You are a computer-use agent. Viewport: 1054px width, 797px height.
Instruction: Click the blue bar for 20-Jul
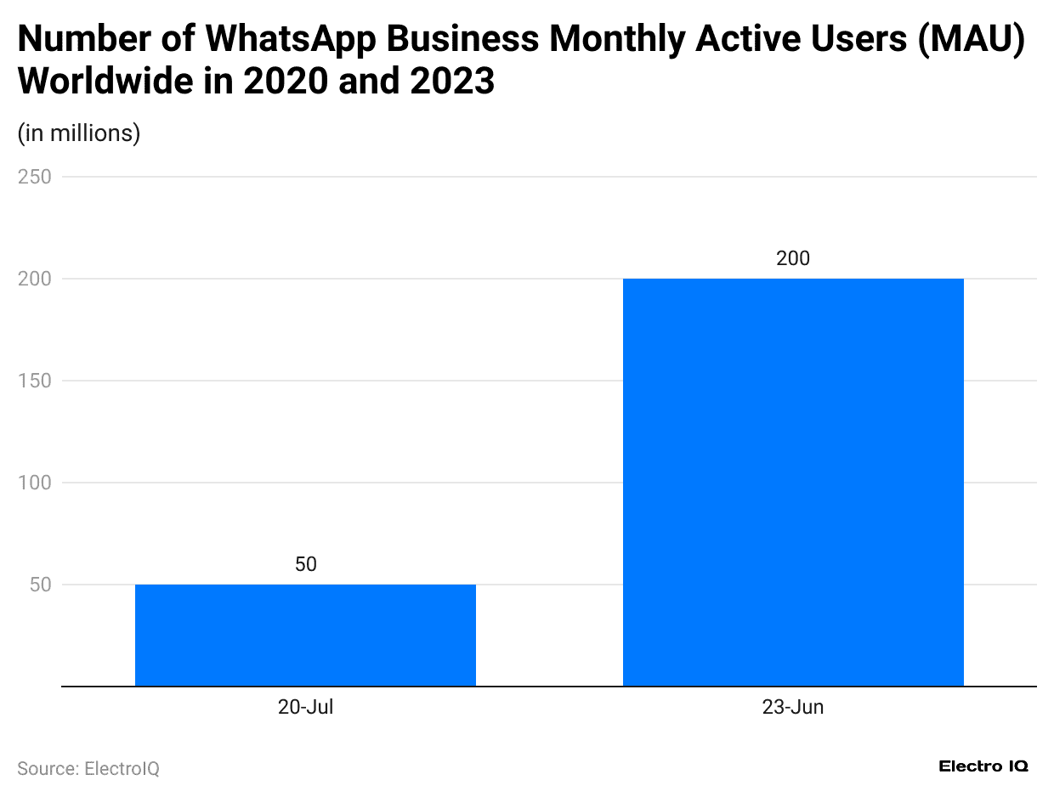coord(305,635)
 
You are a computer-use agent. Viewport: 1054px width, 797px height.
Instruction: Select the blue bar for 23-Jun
coord(793,482)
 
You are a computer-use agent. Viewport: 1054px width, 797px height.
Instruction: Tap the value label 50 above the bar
coord(306,564)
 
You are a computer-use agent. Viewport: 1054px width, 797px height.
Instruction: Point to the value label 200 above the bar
coord(793,258)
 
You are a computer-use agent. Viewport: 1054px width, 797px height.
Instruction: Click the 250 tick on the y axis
coord(35,177)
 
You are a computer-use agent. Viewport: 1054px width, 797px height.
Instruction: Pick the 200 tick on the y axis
coord(35,279)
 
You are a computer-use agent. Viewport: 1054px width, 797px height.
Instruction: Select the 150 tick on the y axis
coord(35,381)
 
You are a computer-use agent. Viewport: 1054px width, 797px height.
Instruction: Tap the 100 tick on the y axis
coord(35,483)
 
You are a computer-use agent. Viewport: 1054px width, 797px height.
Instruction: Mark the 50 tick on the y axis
coord(40,585)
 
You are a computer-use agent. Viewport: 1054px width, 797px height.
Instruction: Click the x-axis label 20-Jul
coord(305,707)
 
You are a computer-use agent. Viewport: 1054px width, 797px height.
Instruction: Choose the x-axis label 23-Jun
coord(793,707)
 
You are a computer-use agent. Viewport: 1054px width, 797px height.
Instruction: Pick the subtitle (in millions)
coord(79,133)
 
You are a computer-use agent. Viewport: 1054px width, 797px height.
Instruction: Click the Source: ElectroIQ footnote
coord(88,768)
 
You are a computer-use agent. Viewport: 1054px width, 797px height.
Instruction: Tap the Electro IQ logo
coord(983,766)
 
